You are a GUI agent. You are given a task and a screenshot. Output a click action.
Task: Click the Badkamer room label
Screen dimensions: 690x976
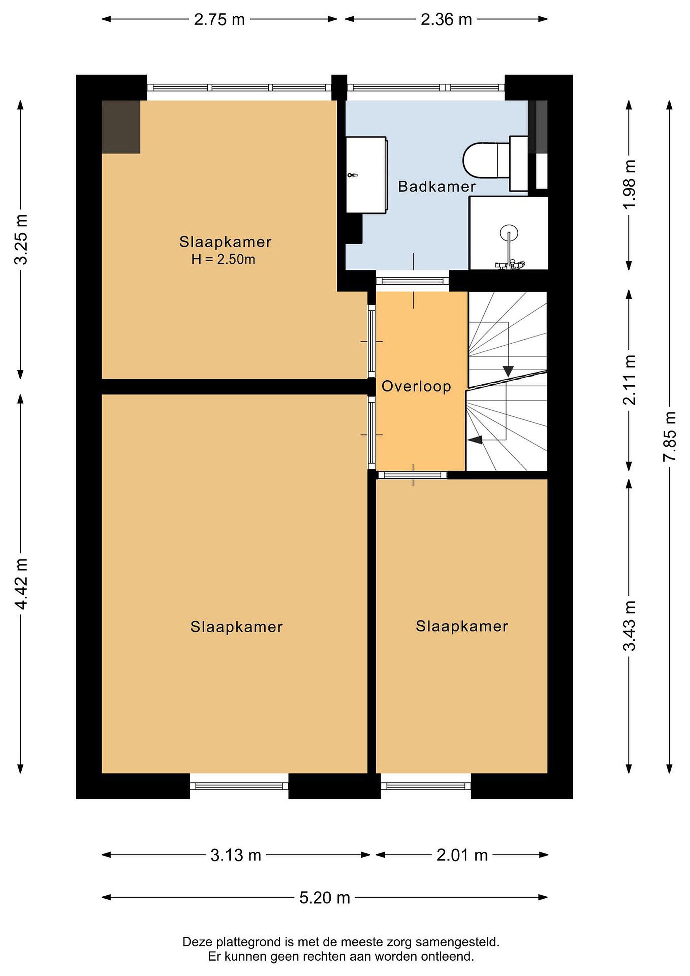[x=436, y=187]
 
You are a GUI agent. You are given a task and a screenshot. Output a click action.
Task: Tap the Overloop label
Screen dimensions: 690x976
[x=416, y=386]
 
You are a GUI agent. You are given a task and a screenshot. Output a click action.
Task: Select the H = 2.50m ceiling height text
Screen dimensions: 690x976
[x=223, y=259]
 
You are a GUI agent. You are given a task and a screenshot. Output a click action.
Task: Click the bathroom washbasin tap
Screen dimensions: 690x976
[x=352, y=175]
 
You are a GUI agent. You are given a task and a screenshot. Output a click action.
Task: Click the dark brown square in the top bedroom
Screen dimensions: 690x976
[x=121, y=127]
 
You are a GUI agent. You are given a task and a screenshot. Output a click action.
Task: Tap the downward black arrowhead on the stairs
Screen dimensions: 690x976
[x=508, y=371]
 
